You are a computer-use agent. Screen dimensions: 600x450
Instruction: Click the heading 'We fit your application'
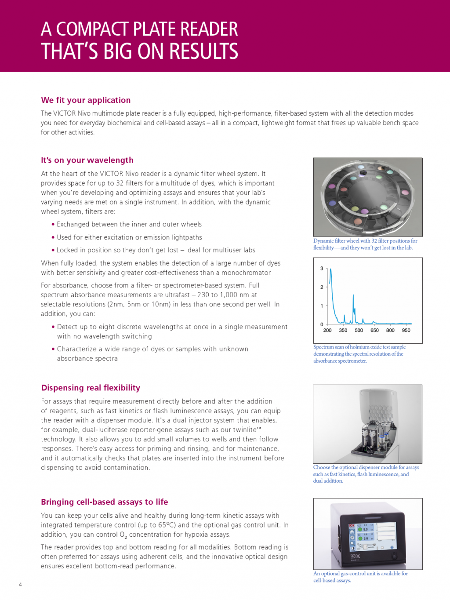pyautogui.click(x=86, y=100)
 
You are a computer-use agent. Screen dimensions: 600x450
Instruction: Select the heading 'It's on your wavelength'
pyautogui.click(x=87, y=160)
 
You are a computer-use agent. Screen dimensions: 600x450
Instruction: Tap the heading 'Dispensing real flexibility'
pyautogui.click(x=91, y=388)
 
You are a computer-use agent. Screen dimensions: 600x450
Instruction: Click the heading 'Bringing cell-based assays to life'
pyautogui.click(x=104, y=502)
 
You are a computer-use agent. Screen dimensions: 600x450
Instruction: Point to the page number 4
pyautogui.click(x=20, y=584)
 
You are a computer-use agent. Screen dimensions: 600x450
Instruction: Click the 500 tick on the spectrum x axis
pyautogui.click(x=359, y=330)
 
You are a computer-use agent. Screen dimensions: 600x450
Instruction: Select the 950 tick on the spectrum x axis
pyautogui.click(x=406, y=330)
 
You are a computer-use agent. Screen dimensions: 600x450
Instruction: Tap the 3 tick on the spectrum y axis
pyautogui.click(x=322, y=269)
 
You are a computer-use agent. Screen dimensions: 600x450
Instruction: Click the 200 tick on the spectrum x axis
pyautogui.click(x=327, y=330)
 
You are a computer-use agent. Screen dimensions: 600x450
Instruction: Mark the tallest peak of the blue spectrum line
pyautogui.click(x=330, y=269)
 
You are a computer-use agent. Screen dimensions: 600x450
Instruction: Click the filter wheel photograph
pyautogui.click(x=368, y=197)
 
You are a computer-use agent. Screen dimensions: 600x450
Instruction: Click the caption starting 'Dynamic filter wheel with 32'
pyautogui.click(x=365, y=244)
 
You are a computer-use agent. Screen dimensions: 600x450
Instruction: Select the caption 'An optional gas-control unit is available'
pyautogui.click(x=360, y=577)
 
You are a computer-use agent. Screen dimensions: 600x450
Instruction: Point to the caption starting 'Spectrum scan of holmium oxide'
pyautogui.click(x=359, y=354)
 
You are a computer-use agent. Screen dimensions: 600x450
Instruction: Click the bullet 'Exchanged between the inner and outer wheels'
pyautogui.click(x=129, y=225)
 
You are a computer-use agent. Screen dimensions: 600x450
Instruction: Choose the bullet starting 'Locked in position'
pyautogui.click(x=156, y=250)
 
